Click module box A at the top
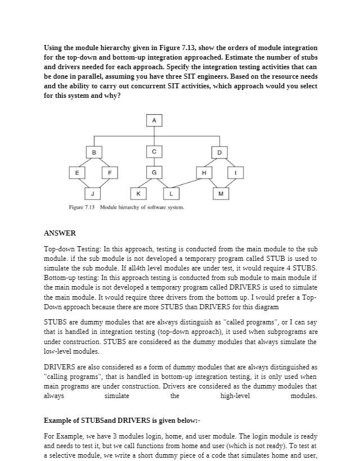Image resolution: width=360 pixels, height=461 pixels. point(153,120)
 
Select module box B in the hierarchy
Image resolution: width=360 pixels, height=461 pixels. point(94,152)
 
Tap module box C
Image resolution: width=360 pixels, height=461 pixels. point(153,152)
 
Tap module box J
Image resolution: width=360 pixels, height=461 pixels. point(93,194)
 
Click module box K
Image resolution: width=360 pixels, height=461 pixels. point(138,194)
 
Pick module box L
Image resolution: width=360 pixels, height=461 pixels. point(170,194)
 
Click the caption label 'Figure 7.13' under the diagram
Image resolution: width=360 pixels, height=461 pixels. point(83,207)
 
